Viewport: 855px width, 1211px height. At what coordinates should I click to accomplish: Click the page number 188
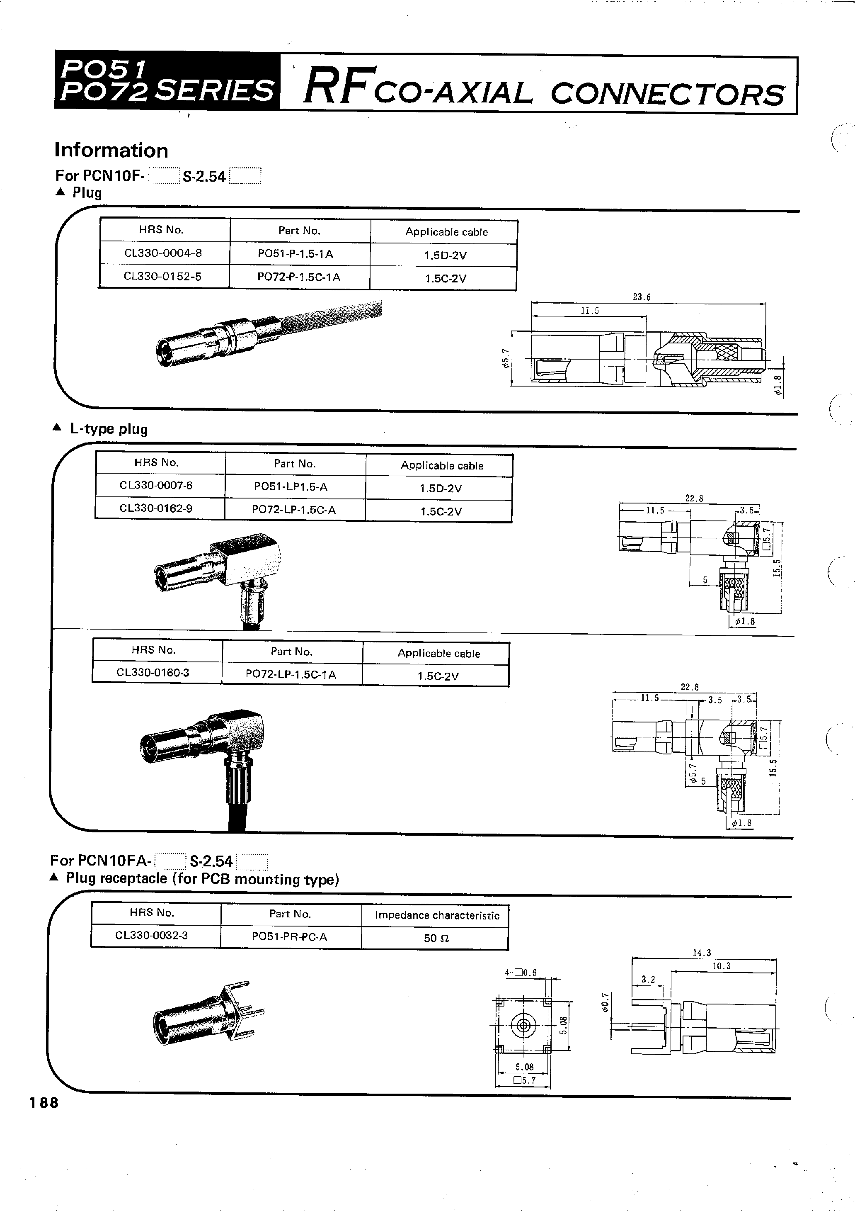tap(44, 1102)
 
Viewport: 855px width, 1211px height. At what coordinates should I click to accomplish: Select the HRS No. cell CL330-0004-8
tap(163, 253)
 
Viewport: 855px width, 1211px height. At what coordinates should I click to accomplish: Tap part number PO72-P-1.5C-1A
tap(298, 277)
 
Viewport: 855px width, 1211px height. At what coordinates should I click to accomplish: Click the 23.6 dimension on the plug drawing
tap(642, 297)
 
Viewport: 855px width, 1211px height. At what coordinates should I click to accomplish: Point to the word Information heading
tap(111, 150)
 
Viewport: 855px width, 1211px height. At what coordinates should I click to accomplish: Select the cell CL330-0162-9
tap(155, 509)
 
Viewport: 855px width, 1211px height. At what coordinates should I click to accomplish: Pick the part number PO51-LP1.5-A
tap(291, 487)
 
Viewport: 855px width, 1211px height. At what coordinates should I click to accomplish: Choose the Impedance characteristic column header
tap(437, 915)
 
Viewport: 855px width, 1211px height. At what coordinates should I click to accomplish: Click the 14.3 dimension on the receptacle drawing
tap(702, 953)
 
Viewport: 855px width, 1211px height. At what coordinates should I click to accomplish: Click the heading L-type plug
tap(109, 429)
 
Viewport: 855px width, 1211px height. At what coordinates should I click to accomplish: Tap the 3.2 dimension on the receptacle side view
tap(648, 980)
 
